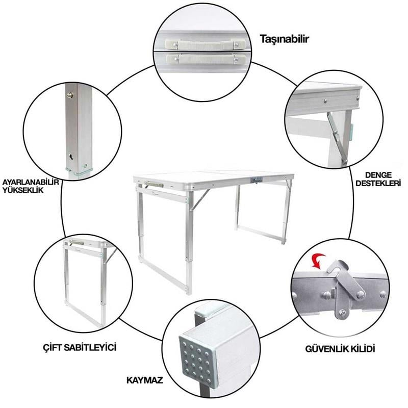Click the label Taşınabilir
point(285,39)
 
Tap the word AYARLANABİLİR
point(31,182)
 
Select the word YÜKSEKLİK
point(23,190)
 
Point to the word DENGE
point(378,175)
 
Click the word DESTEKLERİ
point(378,183)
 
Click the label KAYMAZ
point(145,380)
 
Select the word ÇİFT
point(53,348)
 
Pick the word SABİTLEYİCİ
point(90,348)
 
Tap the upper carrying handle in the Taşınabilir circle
point(206,44)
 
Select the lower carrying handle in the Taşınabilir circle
point(206,60)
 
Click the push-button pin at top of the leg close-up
point(69,95)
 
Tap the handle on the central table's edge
point(154,184)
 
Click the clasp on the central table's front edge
point(256,181)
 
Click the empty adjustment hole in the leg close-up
point(71,157)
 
